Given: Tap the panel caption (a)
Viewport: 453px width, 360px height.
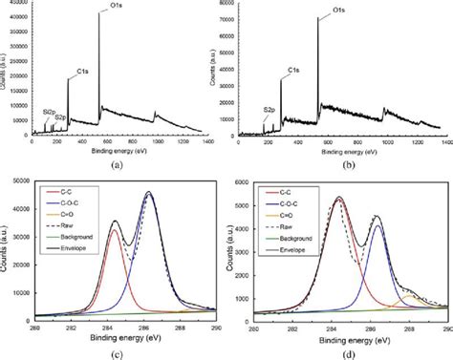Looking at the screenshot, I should click(x=118, y=164).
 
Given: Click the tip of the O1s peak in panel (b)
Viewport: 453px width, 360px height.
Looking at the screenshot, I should click(x=318, y=16).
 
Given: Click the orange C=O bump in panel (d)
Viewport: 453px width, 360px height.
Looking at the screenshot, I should click(x=409, y=295).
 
